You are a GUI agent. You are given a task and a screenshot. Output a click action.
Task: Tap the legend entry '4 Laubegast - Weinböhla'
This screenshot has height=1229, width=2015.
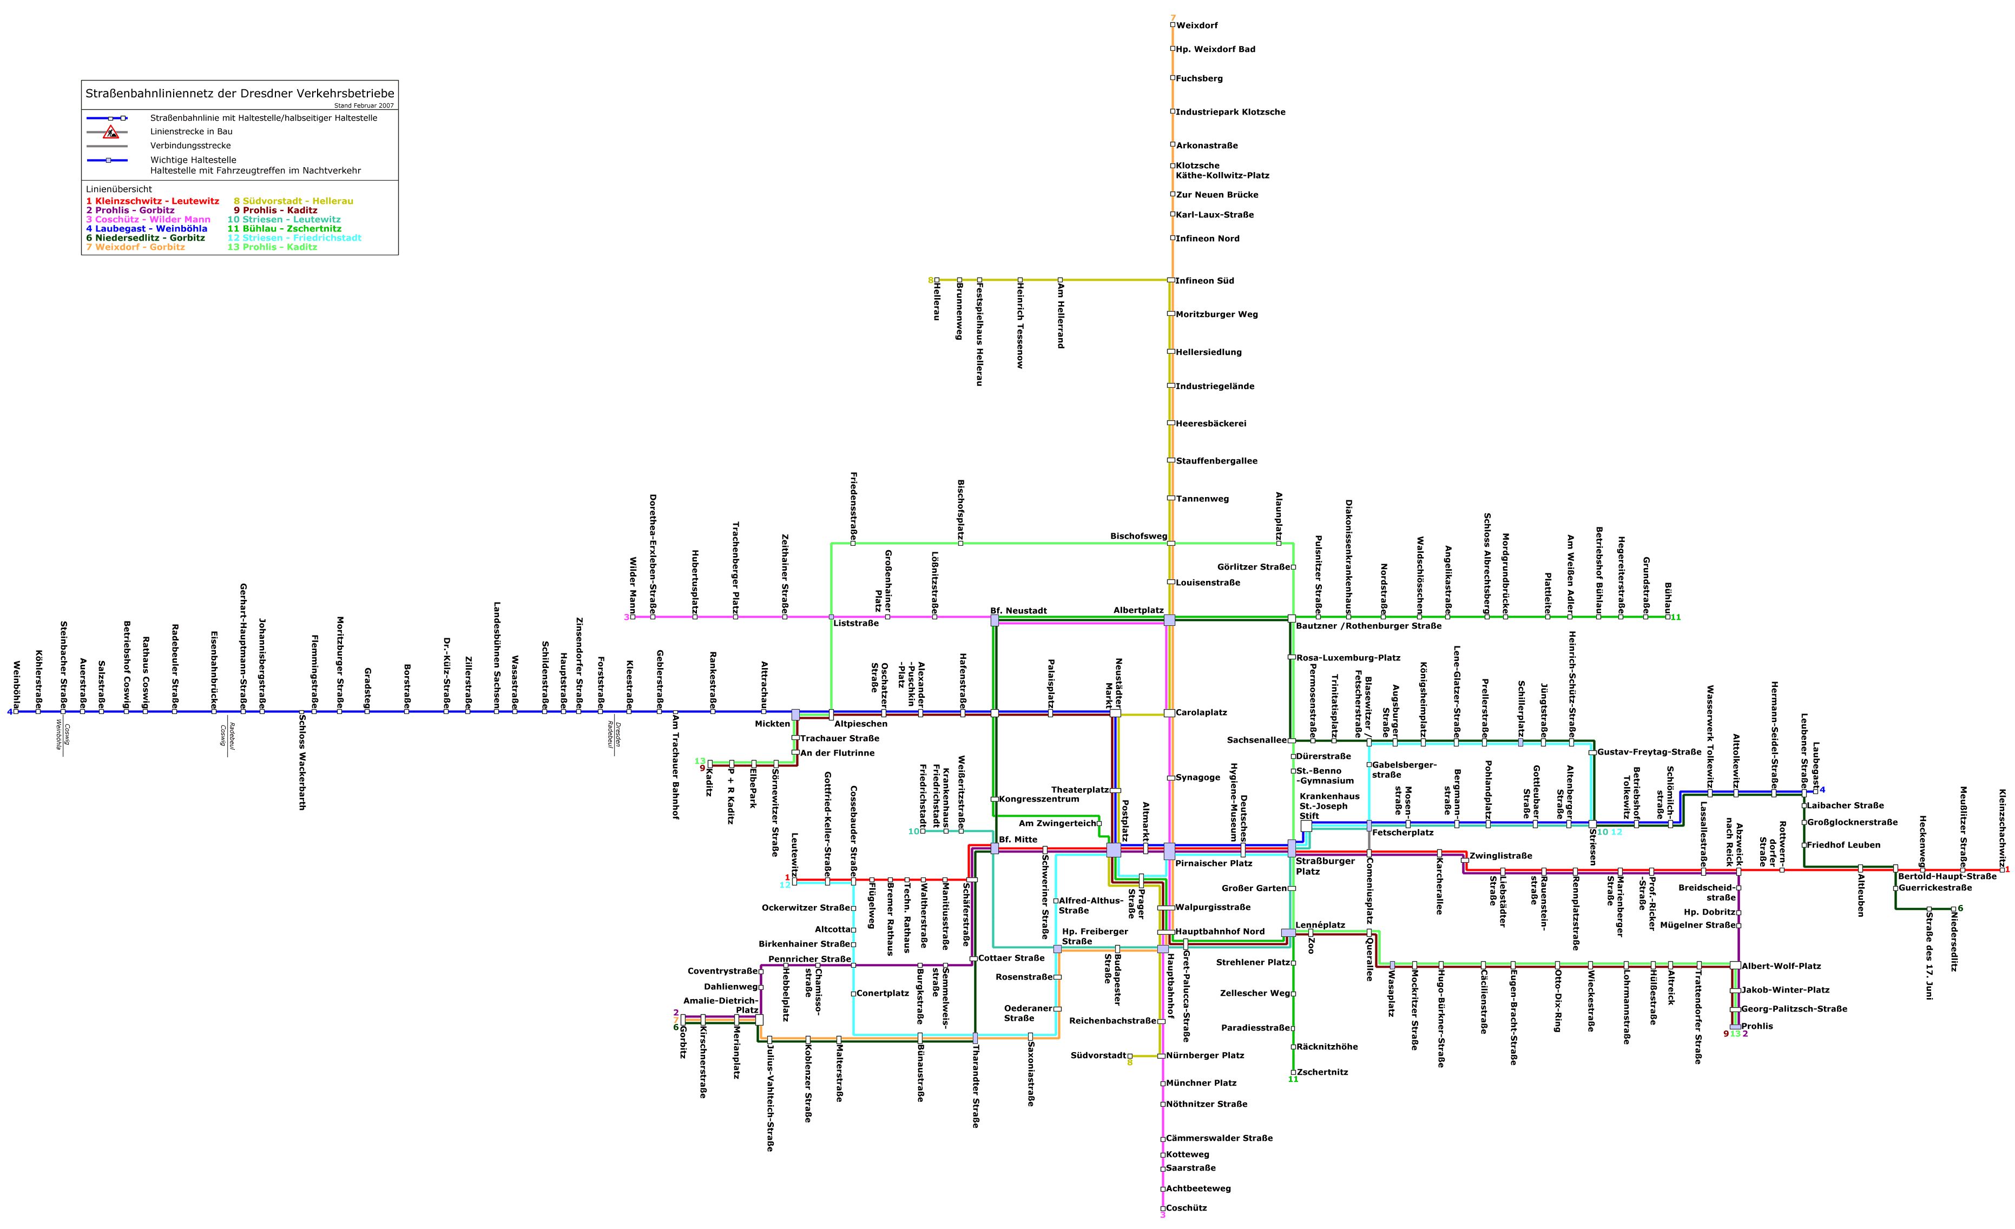click(146, 229)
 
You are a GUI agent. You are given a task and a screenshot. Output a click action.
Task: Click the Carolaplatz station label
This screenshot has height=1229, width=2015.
click(1201, 713)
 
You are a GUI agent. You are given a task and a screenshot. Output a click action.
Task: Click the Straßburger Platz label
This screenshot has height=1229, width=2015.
click(1314, 866)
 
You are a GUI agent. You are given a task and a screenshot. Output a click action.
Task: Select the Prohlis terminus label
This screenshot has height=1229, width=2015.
click(1757, 1026)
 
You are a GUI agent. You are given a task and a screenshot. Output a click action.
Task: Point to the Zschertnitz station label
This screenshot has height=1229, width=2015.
click(1322, 1072)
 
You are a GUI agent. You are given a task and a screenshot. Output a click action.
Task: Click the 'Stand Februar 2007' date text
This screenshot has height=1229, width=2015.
click(364, 105)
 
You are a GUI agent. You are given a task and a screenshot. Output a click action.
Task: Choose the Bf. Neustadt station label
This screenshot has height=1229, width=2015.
click(1018, 611)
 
